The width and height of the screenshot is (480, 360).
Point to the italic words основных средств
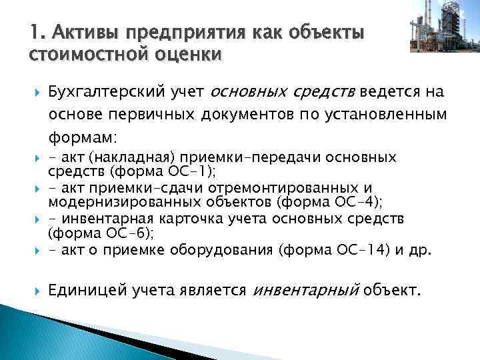(x=283, y=91)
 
